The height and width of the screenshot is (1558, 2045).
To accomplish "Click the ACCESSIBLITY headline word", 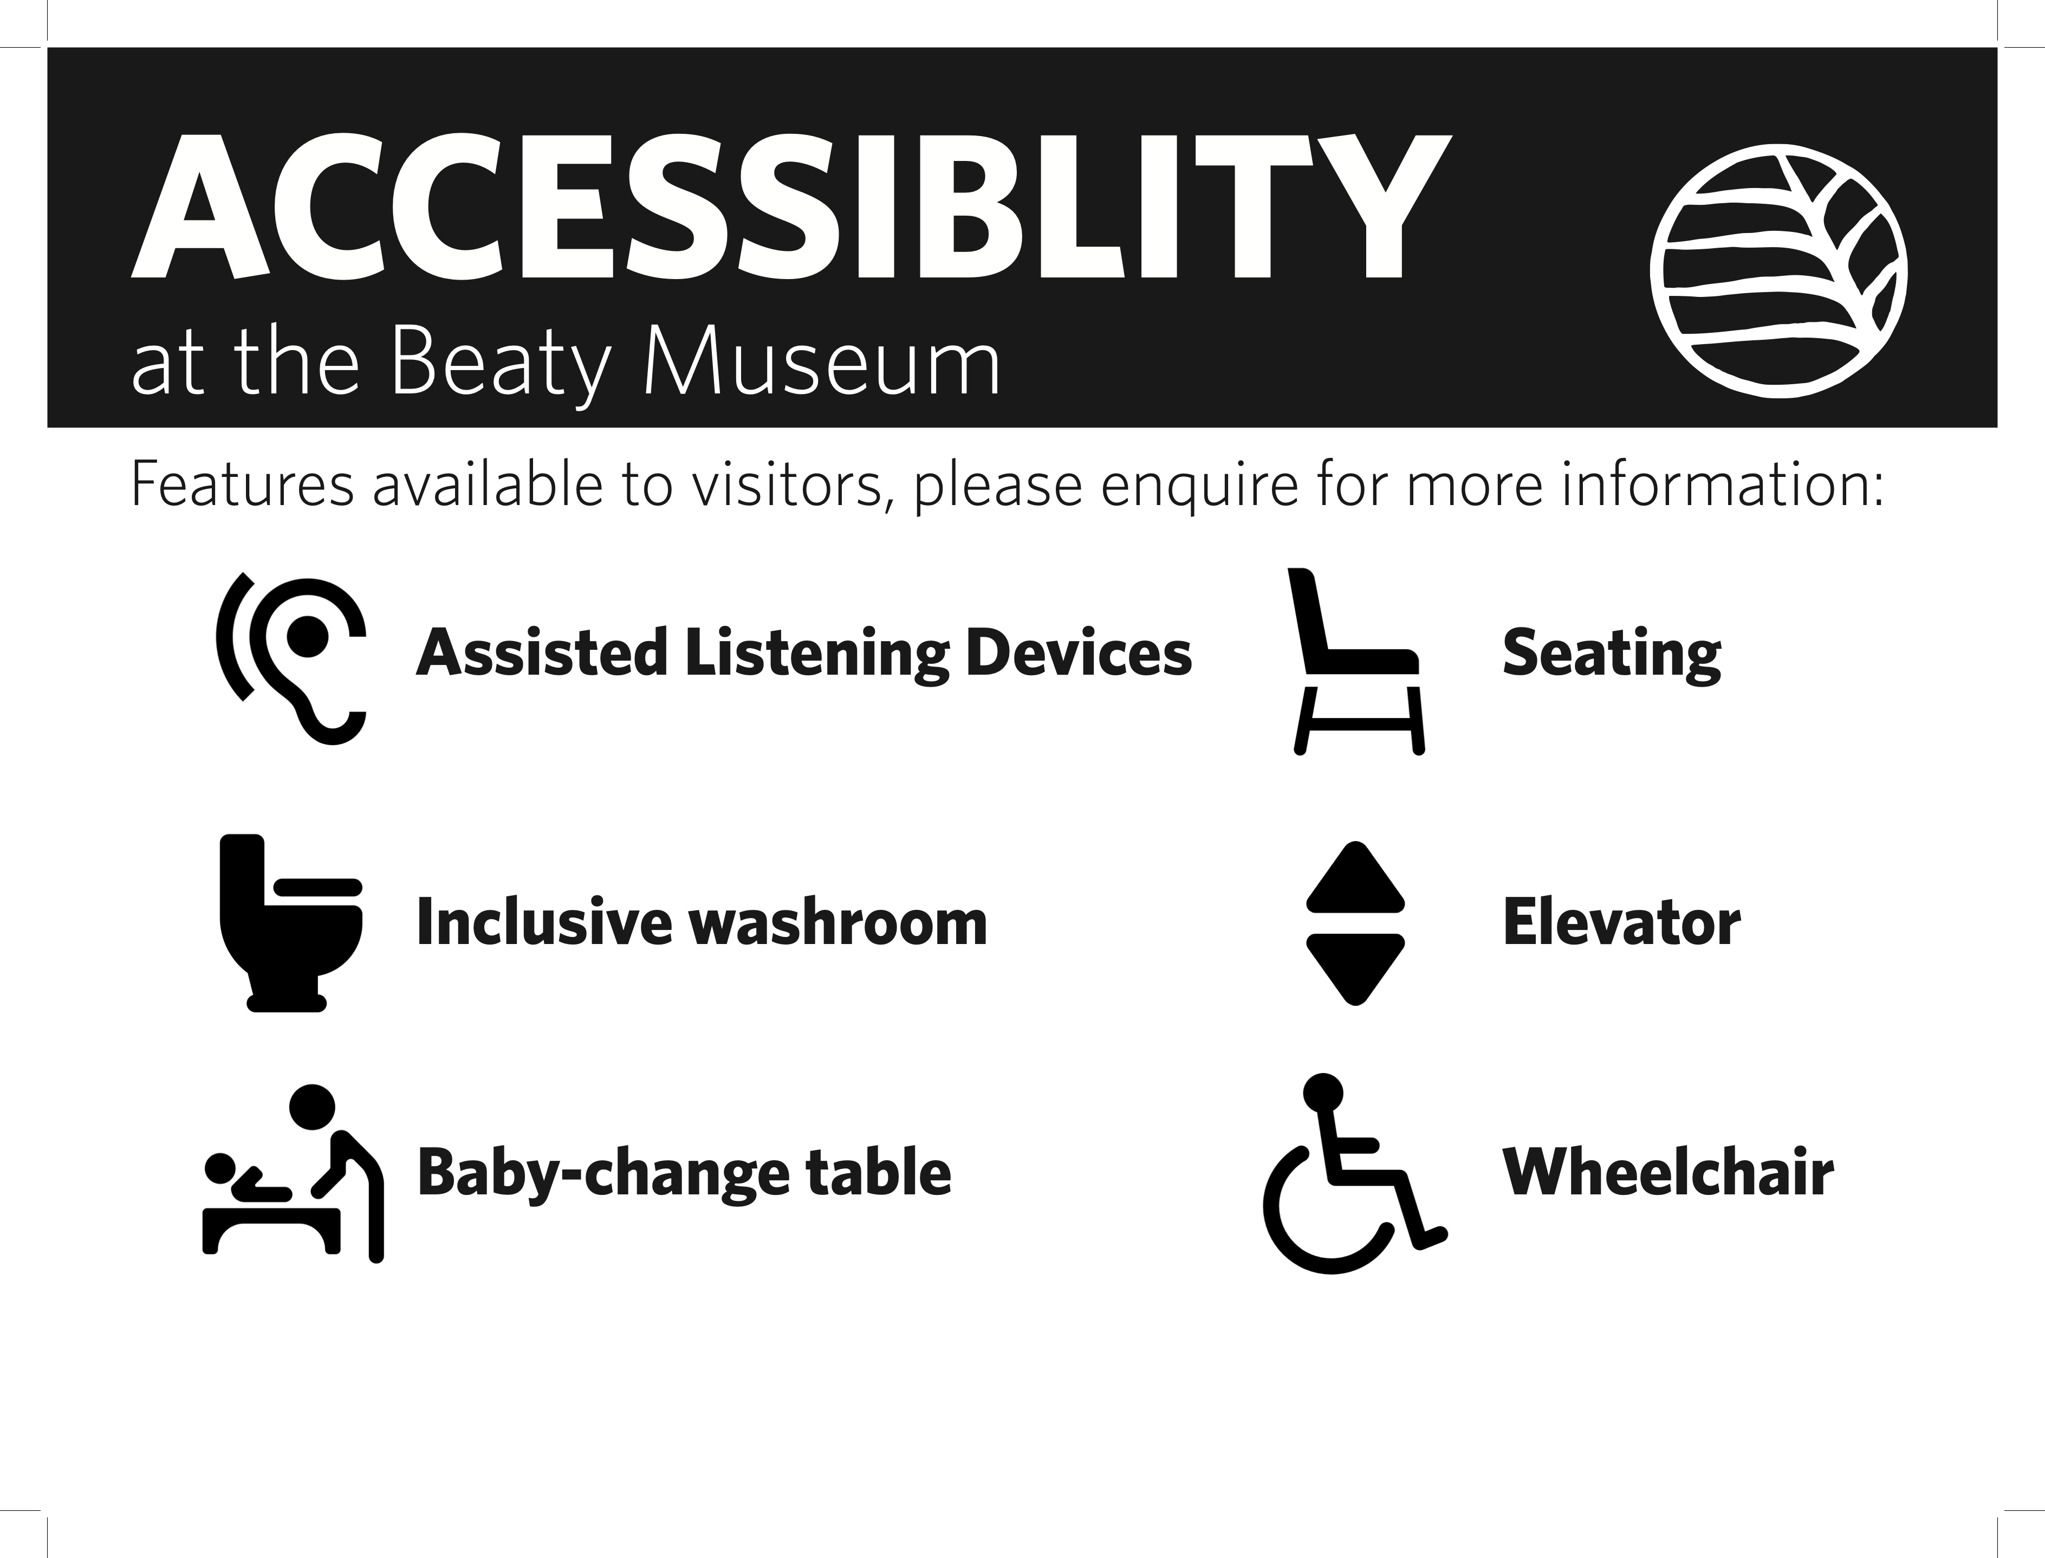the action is point(791,208).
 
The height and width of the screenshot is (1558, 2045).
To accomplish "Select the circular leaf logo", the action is point(1778,271).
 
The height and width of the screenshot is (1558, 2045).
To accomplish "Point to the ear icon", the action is point(291,658).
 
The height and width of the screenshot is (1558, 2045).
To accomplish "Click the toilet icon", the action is point(290,923).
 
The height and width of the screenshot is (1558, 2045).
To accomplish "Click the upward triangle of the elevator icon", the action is point(1355,875).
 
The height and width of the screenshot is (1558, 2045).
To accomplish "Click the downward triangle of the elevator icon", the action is point(1355,969).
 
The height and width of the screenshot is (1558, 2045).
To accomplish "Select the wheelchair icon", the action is point(1353,1173).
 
